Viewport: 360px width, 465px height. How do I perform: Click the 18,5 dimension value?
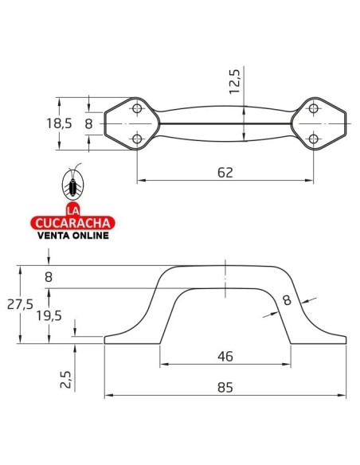59,123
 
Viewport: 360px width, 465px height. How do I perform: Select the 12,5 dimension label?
235,81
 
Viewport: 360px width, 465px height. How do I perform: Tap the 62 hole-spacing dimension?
225,173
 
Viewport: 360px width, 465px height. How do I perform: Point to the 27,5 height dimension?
20,305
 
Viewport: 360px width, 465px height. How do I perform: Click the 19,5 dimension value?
49,316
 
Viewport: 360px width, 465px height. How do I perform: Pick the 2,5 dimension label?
66,379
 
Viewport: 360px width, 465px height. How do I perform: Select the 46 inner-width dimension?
225,356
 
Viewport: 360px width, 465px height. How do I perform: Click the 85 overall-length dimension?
225,387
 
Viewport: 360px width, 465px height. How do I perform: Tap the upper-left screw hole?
137,108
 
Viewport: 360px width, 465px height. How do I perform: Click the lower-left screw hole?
137,139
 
